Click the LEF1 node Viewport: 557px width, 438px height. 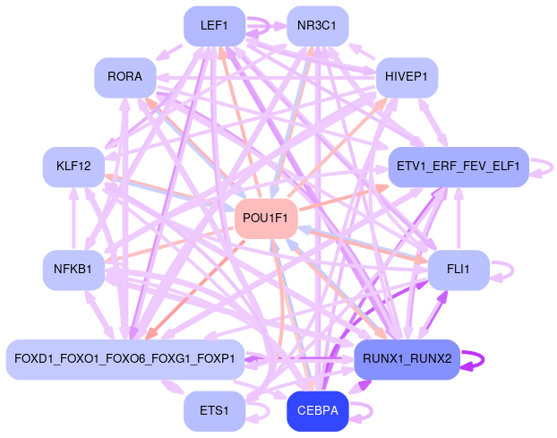pos(214,26)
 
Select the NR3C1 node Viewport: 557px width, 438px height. pos(317,26)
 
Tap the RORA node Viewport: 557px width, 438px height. pos(124,77)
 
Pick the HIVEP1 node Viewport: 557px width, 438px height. pos(407,77)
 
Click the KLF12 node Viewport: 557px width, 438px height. pos(73,167)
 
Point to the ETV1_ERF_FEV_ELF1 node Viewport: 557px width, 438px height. pos(458,167)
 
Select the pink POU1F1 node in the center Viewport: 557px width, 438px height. pos(265,219)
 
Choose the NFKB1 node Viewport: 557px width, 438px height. pos(73,270)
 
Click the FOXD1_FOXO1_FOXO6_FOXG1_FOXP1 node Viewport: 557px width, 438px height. pos(124,359)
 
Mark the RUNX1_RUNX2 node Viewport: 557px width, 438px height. pos(407,359)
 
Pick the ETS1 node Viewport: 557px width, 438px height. pos(214,411)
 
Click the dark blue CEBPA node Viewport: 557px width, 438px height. pos(317,411)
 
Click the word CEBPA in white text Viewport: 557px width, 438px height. pos(317,411)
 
